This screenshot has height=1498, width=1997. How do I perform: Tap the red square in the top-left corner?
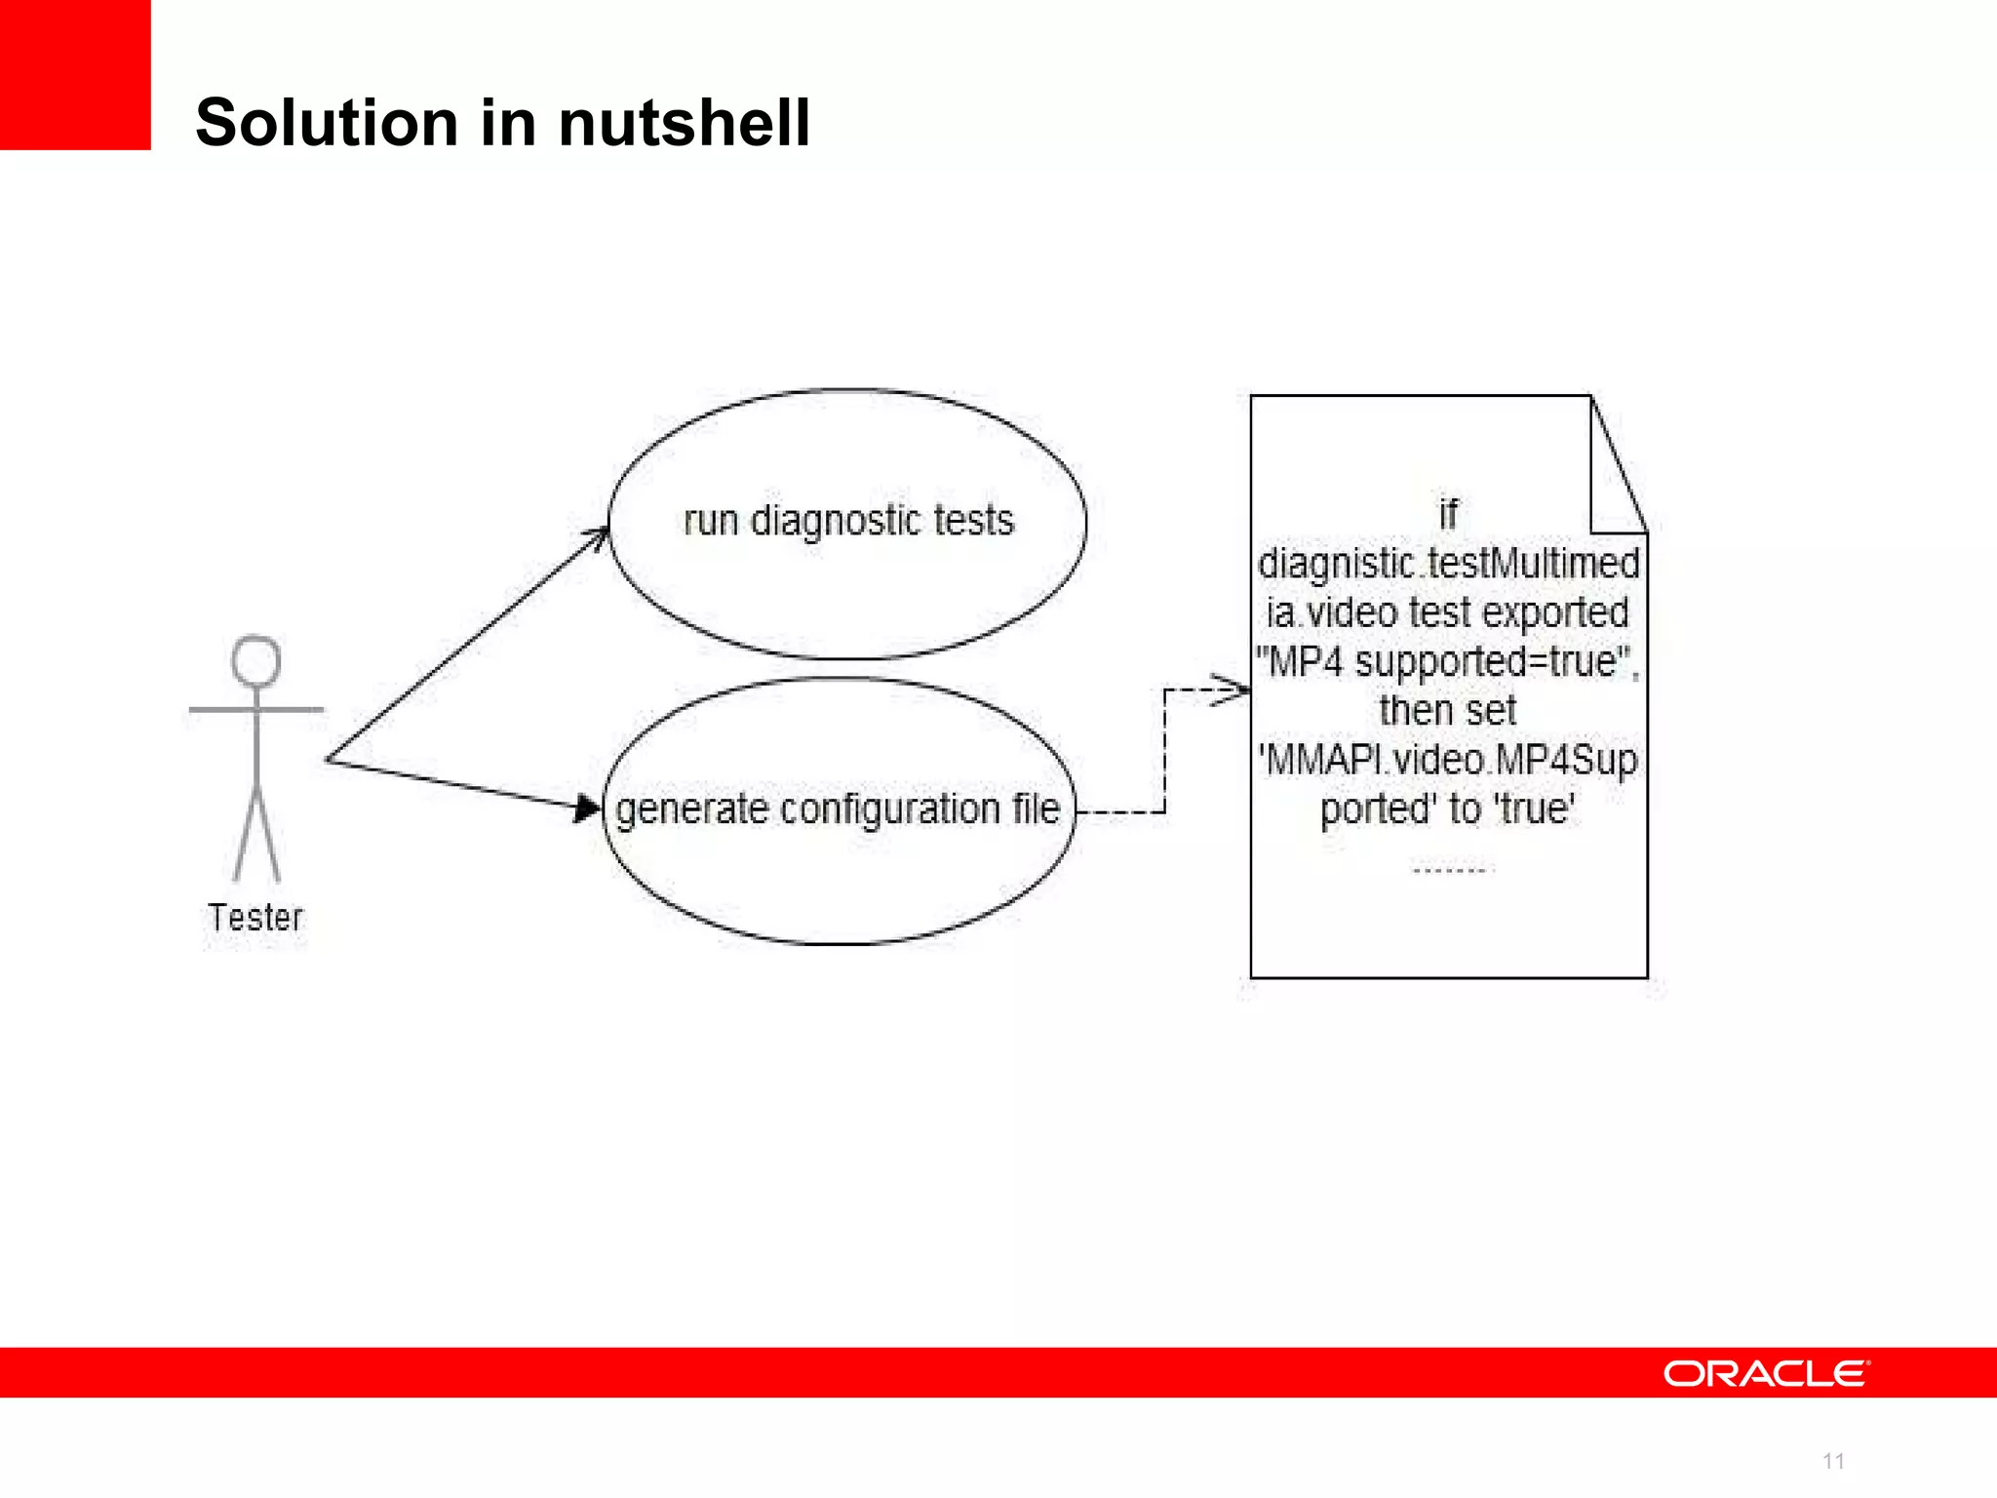coord(74,74)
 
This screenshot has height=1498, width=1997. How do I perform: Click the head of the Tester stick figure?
coord(256,661)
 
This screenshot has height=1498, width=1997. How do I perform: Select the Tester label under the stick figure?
coord(255,918)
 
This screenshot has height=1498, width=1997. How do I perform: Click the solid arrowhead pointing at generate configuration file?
coord(587,808)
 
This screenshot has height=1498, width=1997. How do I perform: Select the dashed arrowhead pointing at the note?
coord(1233,690)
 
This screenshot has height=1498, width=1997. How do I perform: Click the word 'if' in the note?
coord(1448,514)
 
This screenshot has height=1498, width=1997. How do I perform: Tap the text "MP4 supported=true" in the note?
coord(1447,662)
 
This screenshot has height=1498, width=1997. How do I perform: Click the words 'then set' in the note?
coord(1448,711)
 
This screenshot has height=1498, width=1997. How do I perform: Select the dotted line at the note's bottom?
coord(1448,869)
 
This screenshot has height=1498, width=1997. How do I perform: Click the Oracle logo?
coord(1766,1373)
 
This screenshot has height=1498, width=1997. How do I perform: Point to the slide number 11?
coord(1833,1461)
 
